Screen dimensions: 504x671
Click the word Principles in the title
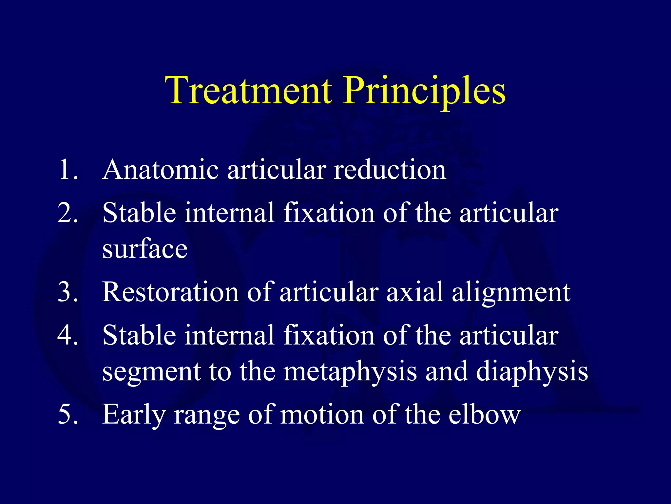pyautogui.click(x=425, y=91)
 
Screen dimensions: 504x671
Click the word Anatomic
pyautogui.click(x=161, y=170)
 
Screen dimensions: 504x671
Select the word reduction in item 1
pyautogui.click(x=390, y=170)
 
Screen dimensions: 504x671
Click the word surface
pyautogui.click(x=145, y=249)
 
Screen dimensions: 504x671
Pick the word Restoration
pyautogui.click(x=170, y=292)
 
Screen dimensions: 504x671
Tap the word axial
pyautogui.click(x=415, y=292)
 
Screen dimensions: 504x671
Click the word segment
pyautogui.click(x=151, y=372)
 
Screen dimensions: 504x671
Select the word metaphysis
pyautogui.click(x=350, y=372)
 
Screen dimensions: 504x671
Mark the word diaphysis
pyautogui.click(x=532, y=372)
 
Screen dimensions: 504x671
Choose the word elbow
pyautogui.click(x=484, y=414)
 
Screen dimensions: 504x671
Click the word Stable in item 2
pyautogui.click(x=140, y=213)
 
